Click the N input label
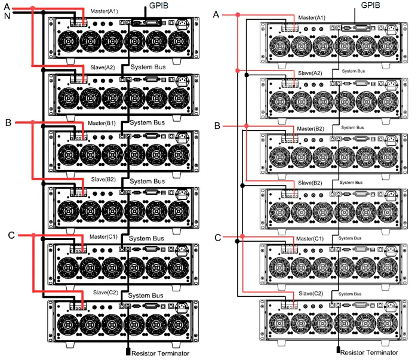[7, 17]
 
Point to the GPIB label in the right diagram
[371, 5]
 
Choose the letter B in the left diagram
[8, 122]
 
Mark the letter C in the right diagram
[217, 238]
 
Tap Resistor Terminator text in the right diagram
[369, 352]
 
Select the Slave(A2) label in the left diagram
[102, 67]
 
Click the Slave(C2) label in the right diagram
[310, 293]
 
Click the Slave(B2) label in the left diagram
[102, 179]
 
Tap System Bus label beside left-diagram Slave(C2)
[147, 296]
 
